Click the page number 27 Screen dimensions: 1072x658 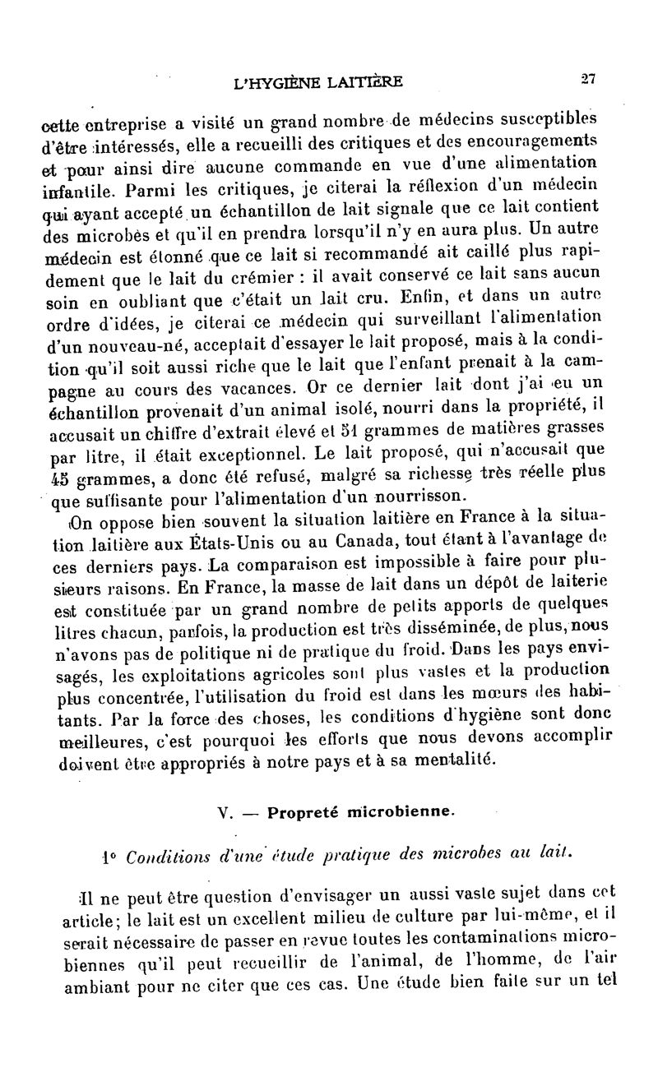coord(588,79)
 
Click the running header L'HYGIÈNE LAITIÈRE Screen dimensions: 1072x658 coord(318,81)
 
